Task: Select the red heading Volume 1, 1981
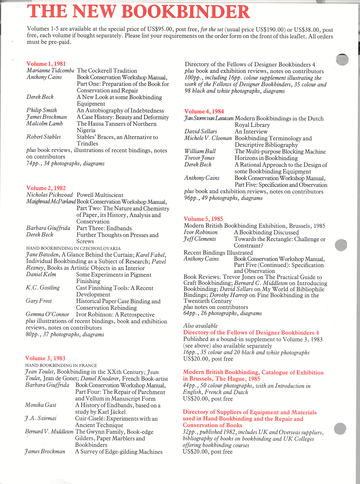pos(46,64)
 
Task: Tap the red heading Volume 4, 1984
pos(204,112)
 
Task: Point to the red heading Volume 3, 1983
pos(45,358)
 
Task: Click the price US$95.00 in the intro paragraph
pos(160,29)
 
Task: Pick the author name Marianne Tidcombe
pos(50,71)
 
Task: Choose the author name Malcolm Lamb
pos(45,124)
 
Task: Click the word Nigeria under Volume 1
pos(86,130)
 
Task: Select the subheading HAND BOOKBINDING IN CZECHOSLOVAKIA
pos(73,248)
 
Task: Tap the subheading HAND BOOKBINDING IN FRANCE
pos(61,365)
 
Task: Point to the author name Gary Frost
pos(39,301)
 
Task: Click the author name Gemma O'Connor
pos(47,314)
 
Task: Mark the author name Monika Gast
pos(40,405)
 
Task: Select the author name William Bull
pos(200,151)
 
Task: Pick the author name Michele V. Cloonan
pos(208,138)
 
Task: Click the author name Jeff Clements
pos(200,239)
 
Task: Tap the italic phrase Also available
pos(200,326)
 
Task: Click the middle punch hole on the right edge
pos(341,245)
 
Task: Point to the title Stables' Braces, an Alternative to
pos(117,137)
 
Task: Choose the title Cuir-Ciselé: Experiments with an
pos(116,418)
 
